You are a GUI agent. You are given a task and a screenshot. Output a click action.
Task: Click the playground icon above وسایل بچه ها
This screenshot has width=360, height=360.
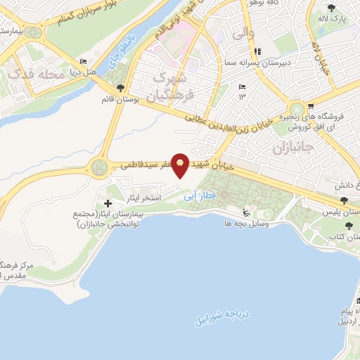(245, 213)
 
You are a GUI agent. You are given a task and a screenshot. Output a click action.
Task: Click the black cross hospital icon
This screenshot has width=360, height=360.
(108, 202)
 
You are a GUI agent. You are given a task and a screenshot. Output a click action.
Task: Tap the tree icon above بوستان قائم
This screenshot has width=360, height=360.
(120, 89)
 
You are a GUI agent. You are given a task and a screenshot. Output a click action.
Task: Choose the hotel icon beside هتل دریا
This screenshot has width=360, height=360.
(84, 63)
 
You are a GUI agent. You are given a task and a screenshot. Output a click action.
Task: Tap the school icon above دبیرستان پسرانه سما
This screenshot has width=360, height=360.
(258, 51)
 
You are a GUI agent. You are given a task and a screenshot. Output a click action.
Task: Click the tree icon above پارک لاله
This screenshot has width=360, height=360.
(331, 8)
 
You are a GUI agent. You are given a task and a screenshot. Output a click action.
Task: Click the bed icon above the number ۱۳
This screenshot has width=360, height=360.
(243, 86)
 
